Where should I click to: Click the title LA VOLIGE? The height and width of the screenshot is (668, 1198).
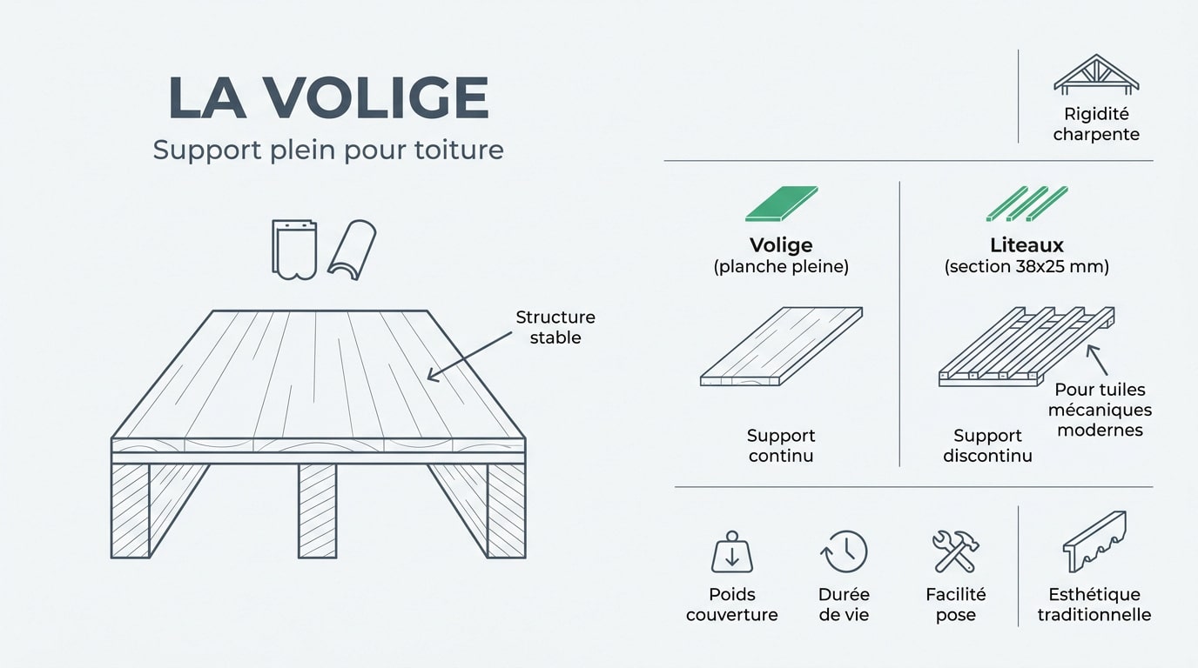pos(328,98)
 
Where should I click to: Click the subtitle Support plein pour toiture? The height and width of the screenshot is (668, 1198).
pos(328,150)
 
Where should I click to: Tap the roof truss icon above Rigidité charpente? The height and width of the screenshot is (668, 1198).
pos(1096,74)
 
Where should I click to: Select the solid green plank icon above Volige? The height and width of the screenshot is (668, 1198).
pos(781,204)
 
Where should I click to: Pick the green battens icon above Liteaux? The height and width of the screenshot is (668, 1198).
pos(1026,204)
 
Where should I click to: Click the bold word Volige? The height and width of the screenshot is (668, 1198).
pos(781,245)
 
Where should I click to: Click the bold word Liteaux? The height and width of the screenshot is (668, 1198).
pos(1026,245)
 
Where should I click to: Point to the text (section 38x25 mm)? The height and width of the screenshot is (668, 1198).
pos(1026,267)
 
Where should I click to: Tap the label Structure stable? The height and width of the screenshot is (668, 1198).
pos(555,327)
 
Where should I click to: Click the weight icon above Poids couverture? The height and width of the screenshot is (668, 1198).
pos(732,552)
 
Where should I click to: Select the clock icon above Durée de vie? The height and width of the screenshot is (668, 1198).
pos(844,552)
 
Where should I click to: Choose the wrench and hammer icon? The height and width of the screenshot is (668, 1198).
pos(956,551)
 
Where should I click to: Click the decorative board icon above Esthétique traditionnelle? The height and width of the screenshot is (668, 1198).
pos(1094,541)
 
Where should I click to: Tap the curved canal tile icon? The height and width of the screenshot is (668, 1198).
pos(352,250)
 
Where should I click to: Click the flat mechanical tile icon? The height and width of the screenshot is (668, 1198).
pos(294,250)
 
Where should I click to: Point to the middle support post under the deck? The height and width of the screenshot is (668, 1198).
pos(317,511)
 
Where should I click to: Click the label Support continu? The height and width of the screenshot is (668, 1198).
pos(781,445)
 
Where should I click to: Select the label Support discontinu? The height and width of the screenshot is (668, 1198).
pos(987,445)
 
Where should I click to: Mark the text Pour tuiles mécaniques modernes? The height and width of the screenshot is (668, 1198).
pos(1100,410)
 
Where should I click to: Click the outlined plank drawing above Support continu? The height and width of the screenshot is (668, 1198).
pos(781,346)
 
